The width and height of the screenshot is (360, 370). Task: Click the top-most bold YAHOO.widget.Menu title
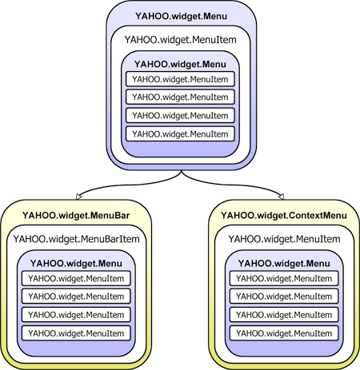179,17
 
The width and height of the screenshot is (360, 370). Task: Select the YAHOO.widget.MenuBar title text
75,215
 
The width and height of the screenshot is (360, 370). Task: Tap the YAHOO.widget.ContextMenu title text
284,215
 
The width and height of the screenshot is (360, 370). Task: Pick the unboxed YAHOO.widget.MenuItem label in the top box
179,40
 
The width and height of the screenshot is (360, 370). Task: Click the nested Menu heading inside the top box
179,63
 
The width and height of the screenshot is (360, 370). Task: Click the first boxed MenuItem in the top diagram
180,79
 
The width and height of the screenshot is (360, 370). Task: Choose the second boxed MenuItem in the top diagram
180,97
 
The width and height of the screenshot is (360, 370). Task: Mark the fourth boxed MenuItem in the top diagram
180,133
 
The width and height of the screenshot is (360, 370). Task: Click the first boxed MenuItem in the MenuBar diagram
75,278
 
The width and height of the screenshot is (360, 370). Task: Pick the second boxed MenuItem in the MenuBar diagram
75,296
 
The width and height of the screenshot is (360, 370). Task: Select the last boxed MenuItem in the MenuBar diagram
75,332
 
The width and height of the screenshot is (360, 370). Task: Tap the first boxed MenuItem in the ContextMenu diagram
284,278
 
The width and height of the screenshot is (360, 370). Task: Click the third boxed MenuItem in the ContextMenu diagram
284,314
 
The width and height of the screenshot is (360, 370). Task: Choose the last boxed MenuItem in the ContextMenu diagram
284,332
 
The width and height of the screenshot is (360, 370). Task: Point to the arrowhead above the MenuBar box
77,195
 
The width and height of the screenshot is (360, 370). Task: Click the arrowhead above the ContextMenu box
283,195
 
